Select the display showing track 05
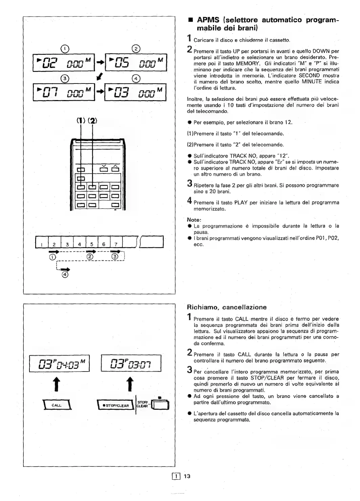pos(136,63)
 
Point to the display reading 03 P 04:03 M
pos(60,364)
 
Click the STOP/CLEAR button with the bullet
pos(116,405)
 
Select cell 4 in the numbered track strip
pos(80,244)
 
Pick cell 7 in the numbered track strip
pos(115,244)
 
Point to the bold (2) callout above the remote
pos(92,121)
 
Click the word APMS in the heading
pos(207,20)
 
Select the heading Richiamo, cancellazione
pos(227,307)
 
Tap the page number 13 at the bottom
pos(187,476)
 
